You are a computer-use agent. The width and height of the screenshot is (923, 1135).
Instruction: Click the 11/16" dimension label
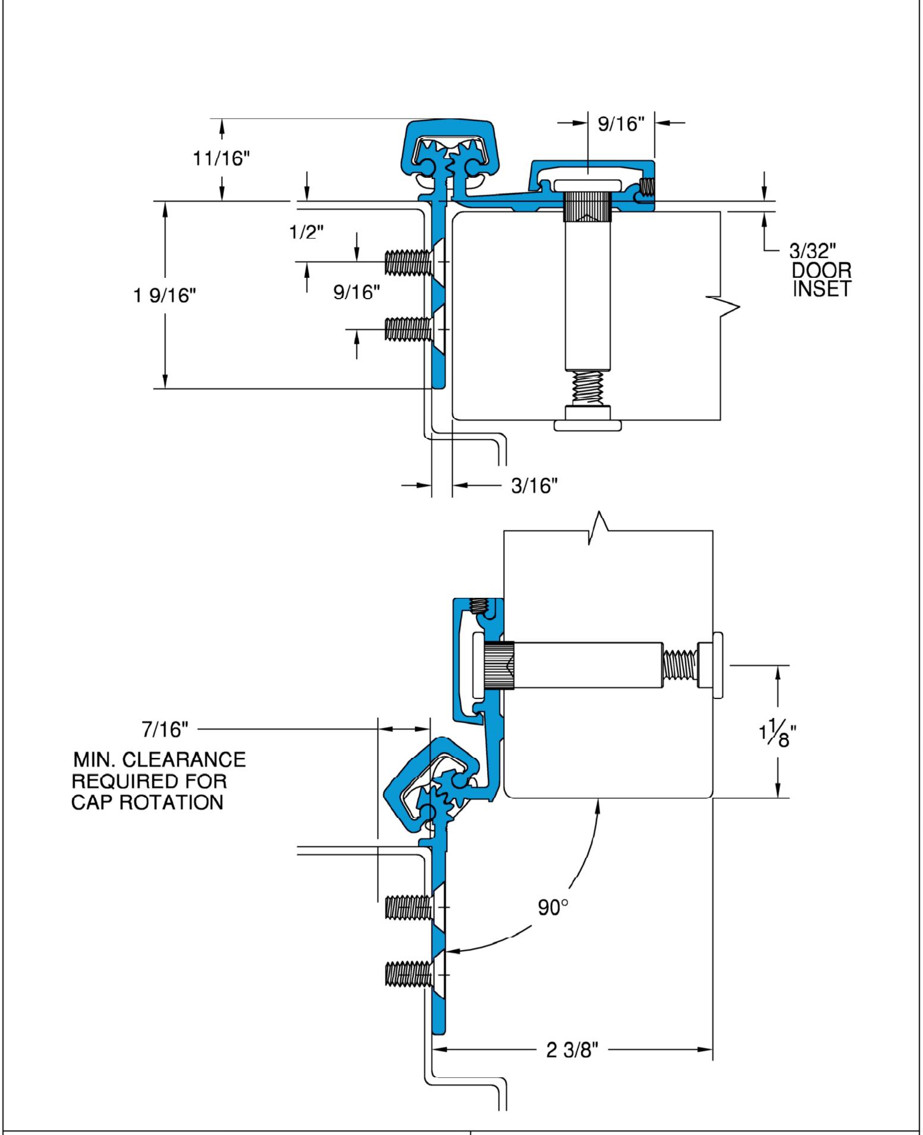[x=222, y=160]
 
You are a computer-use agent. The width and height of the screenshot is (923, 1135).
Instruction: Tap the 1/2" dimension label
[x=307, y=233]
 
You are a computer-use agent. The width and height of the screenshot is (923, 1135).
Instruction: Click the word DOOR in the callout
[x=821, y=271]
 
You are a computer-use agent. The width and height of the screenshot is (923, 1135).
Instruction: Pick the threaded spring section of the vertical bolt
[x=587, y=388]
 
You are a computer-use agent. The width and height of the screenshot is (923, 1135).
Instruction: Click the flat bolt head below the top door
[x=588, y=425]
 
